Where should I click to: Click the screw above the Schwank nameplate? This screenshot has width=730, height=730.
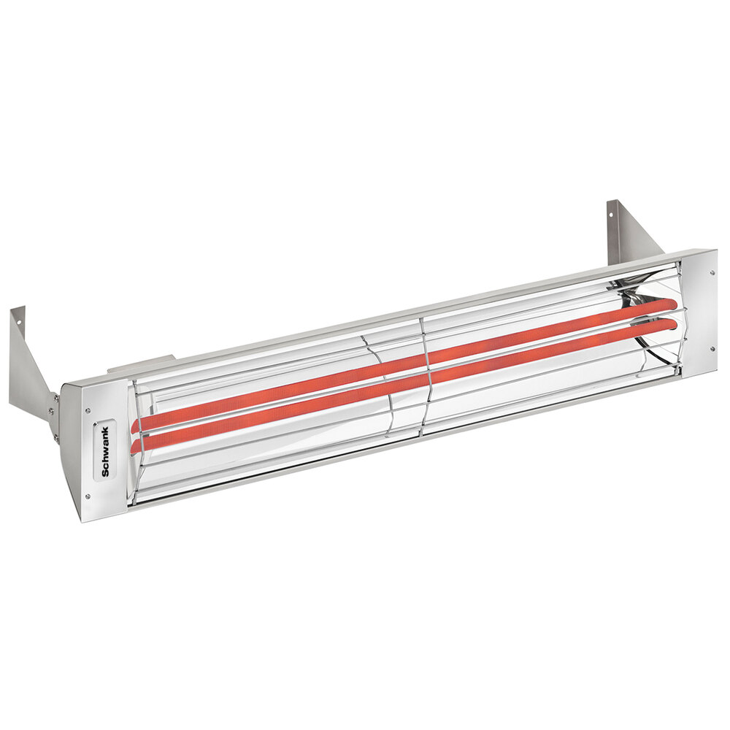pyautogui.click(x=88, y=410)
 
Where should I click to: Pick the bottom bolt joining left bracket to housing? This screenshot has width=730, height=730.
pyautogui.click(x=56, y=438)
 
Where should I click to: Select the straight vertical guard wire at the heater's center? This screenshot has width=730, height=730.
pyautogui.click(x=423, y=376)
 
